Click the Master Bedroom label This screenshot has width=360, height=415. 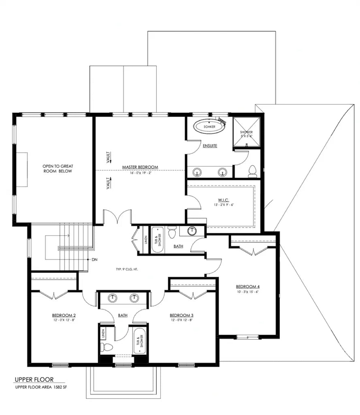click(140, 167)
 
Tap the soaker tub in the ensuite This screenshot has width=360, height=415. click(209, 126)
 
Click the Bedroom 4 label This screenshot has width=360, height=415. click(248, 287)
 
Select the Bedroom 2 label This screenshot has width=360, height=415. click(64, 315)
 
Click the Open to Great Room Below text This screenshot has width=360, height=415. click(58, 169)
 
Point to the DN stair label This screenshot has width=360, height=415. click(94, 259)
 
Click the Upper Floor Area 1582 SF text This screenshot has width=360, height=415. click(47, 387)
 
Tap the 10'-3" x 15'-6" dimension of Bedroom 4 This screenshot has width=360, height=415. click(248, 292)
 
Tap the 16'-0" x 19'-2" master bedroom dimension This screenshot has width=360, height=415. click(140, 173)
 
